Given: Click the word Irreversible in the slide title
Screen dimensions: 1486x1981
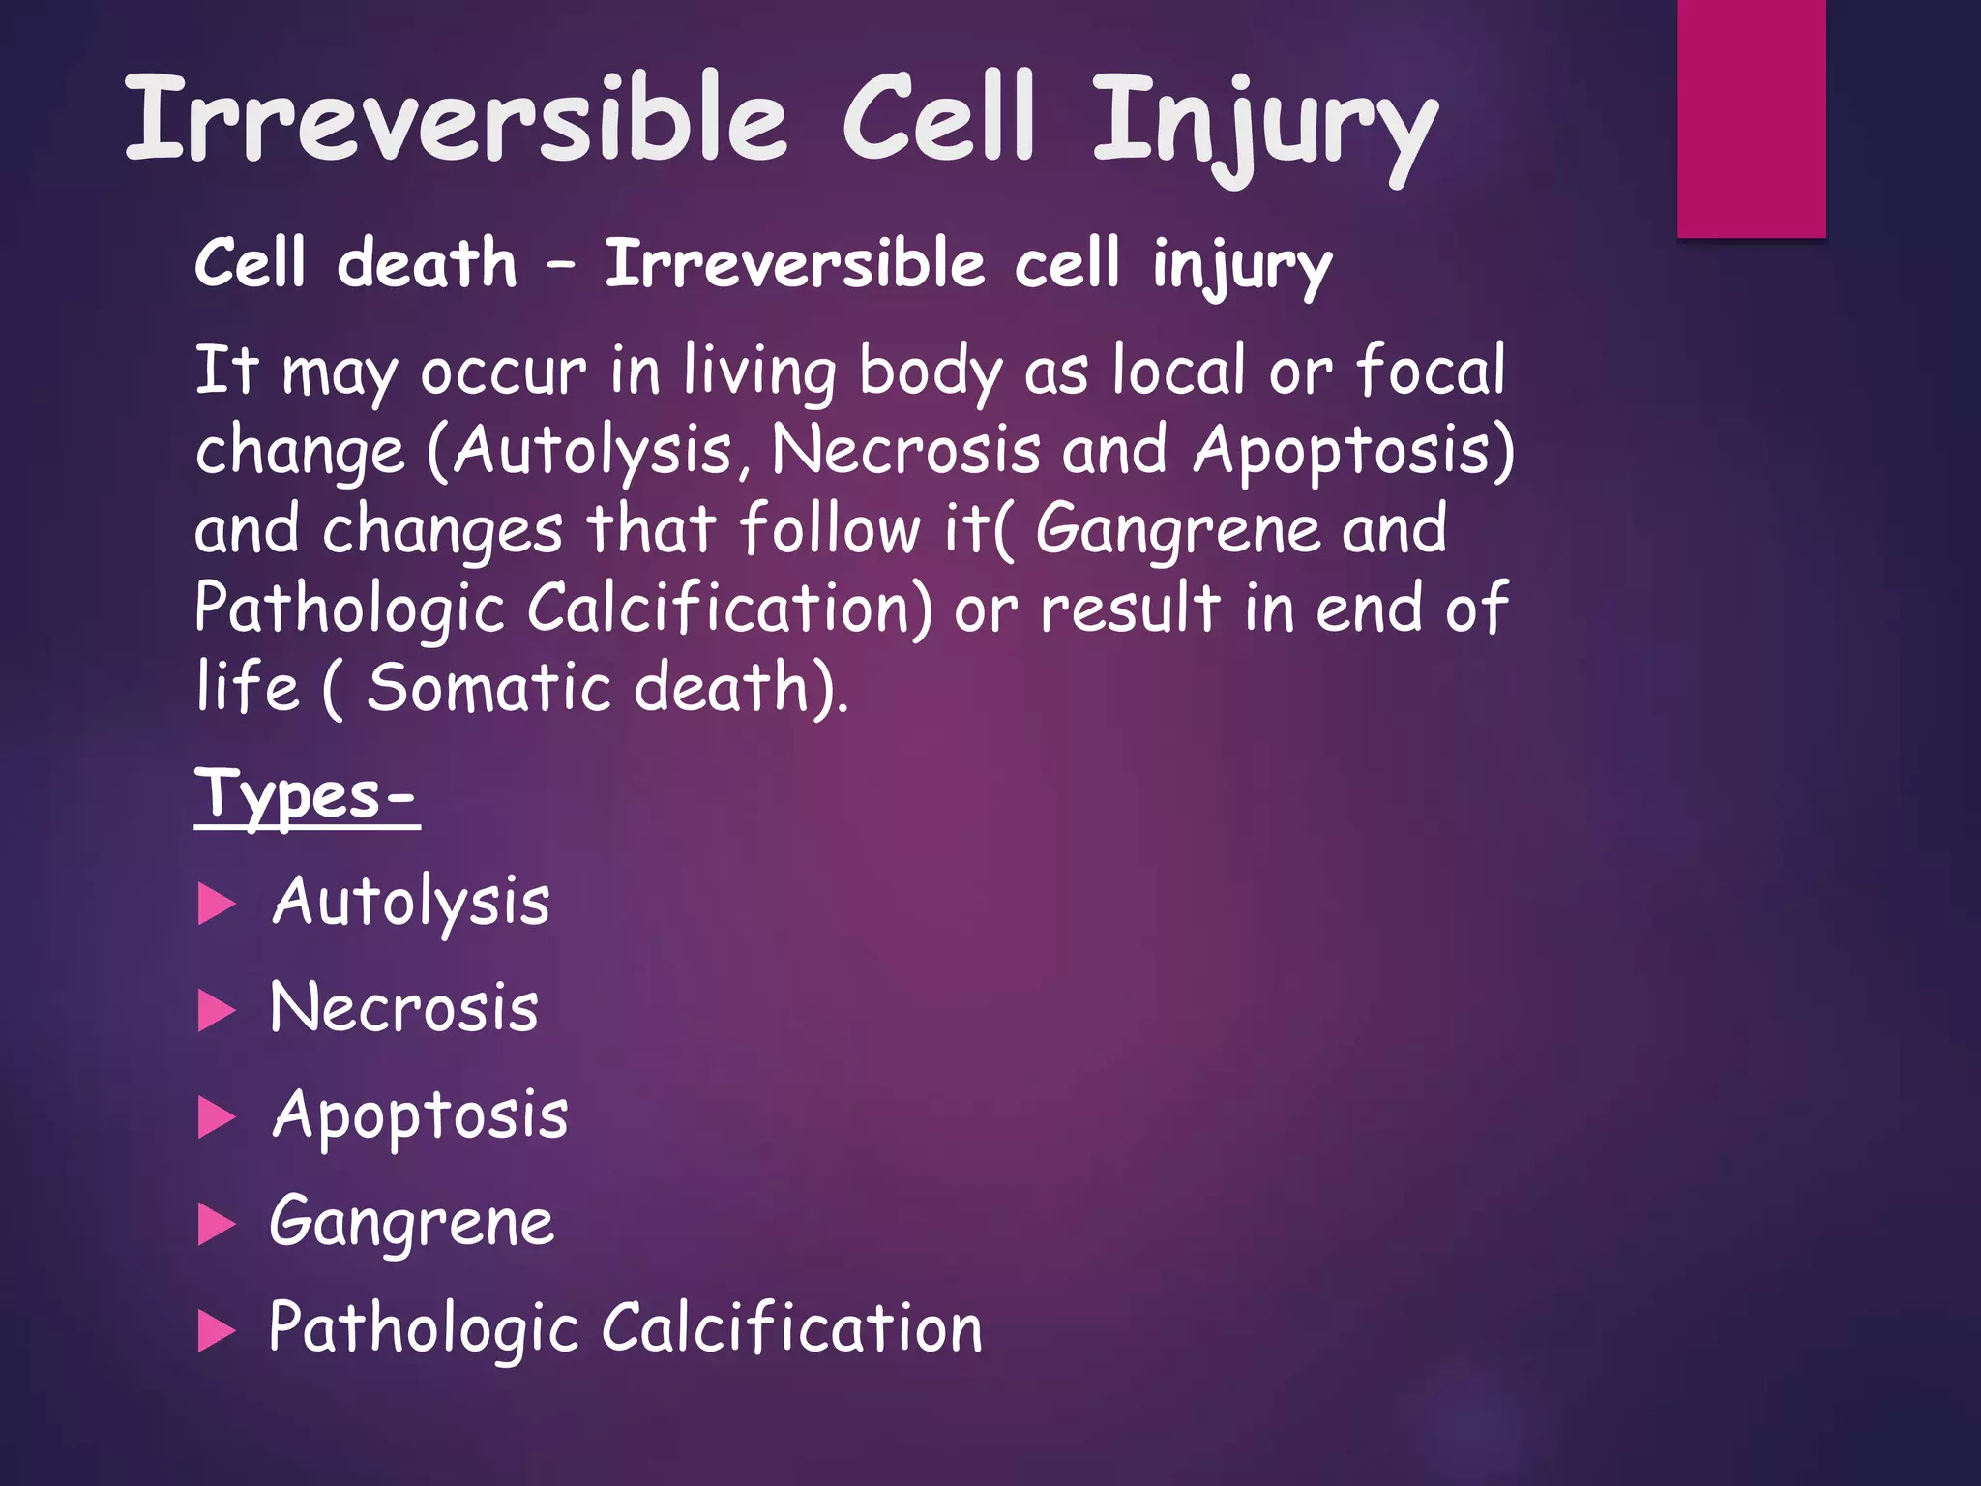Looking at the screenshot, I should click(x=455, y=118).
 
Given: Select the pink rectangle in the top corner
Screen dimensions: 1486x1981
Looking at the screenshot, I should click(x=1751, y=118).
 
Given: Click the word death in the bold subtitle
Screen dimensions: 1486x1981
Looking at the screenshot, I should click(x=427, y=263).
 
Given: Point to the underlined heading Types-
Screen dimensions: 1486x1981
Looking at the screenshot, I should click(x=307, y=794).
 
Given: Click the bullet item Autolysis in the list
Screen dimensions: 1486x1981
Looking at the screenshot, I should click(x=411, y=902).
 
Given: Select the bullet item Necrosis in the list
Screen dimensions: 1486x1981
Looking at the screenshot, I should click(x=403, y=1008).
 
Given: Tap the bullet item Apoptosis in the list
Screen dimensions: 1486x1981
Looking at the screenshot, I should click(x=420, y=1115).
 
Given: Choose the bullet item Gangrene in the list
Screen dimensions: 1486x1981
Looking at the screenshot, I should click(x=412, y=1222).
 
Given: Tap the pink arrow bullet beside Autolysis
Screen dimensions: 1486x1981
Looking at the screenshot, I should click(x=217, y=905).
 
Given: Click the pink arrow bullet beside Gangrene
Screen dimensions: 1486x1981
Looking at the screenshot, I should click(x=217, y=1224).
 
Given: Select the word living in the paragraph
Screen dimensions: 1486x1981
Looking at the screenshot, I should click(x=760, y=371).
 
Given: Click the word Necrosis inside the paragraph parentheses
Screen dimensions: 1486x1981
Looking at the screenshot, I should click(x=906, y=450).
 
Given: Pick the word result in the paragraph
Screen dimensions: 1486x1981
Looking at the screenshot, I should click(x=1130, y=609).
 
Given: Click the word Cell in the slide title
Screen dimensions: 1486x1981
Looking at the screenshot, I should click(x=939, y=118).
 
